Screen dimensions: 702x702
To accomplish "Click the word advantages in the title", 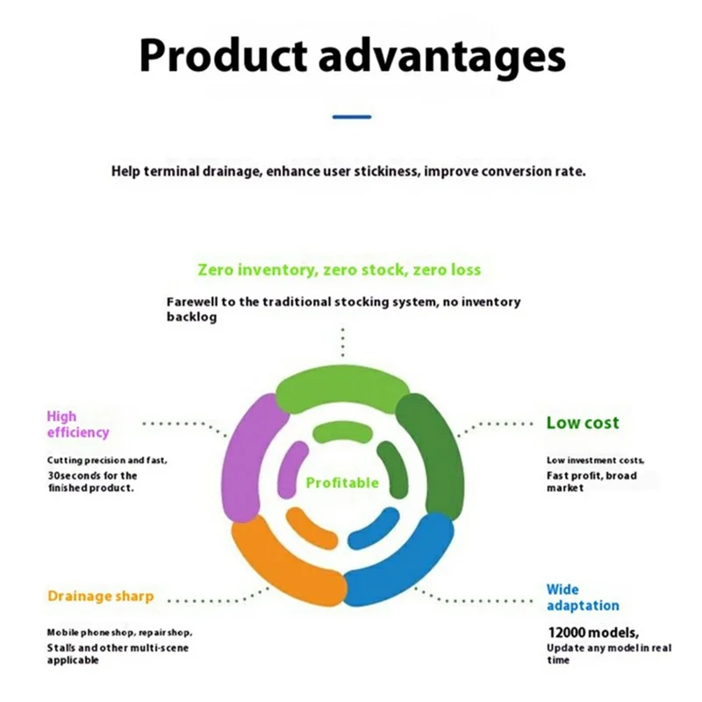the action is pos(442,58).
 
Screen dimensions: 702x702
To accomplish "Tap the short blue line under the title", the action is pos(352,117).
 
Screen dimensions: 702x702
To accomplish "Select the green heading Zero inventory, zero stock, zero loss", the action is pos(340,270).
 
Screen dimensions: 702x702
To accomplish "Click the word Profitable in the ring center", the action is pos(342,483).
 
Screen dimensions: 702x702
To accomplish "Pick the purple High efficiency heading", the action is pos(78,425).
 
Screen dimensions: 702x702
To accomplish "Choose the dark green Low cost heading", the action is pos(583,423).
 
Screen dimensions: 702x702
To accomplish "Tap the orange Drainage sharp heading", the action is pos(100,596).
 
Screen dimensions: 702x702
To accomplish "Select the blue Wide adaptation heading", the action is pos(583,598).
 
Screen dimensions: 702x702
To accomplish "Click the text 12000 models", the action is pos(593,633).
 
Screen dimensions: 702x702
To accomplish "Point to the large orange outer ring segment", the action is pos(287,560).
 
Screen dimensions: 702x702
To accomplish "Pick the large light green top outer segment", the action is pos(342,390).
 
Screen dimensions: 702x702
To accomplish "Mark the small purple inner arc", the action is pos(292,470).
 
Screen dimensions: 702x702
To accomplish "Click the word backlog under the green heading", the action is pos(191,318).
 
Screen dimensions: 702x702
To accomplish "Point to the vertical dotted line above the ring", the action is pos(342,342).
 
